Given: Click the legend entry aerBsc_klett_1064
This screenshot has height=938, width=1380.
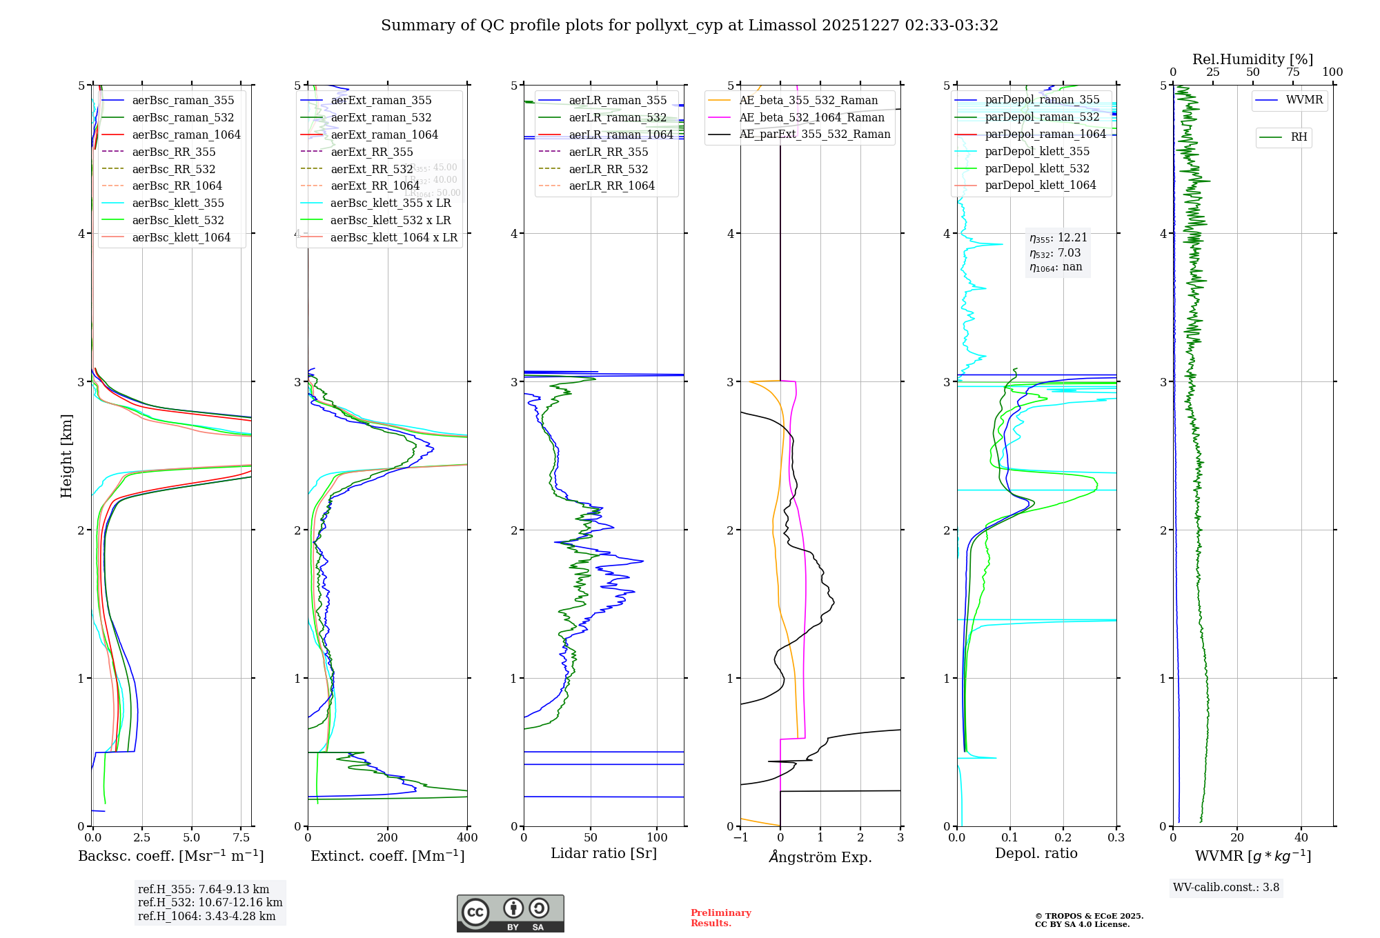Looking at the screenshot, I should click(181, 237).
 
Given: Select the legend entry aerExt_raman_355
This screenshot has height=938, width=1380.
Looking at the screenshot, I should click(381, 100).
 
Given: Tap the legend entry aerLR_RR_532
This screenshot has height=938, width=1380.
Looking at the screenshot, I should click(608, 169).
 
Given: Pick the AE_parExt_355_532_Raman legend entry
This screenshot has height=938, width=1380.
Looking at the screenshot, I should click(814, 134).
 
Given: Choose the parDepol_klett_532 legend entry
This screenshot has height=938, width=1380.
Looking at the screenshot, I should click(1036, 168).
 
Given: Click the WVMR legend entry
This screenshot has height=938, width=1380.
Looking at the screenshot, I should click(1304, 100).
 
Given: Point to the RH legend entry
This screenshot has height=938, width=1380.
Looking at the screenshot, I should click(1299, 137).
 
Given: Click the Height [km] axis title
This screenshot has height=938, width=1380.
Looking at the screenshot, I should click(66, 455).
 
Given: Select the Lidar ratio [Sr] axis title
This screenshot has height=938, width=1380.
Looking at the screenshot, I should click(604, 853).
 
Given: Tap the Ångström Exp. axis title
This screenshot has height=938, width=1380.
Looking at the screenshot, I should click(820, 857).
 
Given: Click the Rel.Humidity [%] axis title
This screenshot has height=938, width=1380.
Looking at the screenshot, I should click(1252, 59).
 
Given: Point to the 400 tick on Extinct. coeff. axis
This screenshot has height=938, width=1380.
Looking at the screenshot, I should click(467, 837).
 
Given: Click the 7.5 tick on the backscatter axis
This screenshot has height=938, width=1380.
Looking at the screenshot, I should click(241, 837).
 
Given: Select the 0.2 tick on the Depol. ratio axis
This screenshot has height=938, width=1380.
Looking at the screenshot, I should click(1063, 837).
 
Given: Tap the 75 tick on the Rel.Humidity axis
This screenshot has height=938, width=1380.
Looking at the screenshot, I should click(1292, 72).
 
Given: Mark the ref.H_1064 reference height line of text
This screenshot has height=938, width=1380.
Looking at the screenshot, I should click(206, 916).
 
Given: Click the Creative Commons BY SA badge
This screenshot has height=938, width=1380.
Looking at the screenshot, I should click(510, 913).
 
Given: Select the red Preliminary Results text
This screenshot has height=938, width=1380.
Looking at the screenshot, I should click(720, 917).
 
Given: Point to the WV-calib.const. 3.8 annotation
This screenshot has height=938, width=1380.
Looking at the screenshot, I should click(1226, 887).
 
